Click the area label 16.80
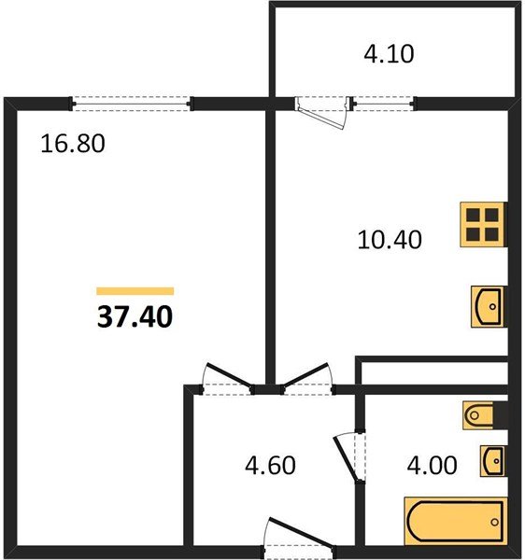[73, 144]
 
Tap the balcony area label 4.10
[389, 54]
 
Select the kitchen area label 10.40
[390, 239]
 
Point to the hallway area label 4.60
[270, 465]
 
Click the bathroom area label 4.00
[432, 465]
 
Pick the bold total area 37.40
[135, 317]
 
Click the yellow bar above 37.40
[135, 291]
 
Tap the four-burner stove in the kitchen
[483, 225]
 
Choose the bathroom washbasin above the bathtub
[493, 461]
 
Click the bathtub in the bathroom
[456, 522]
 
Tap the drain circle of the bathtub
[494, 522]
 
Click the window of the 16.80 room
[132, 104]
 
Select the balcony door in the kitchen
[322, 111]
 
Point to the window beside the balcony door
[384, 104]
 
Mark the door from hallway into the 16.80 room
[228, 379]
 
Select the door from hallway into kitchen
[307, 379]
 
